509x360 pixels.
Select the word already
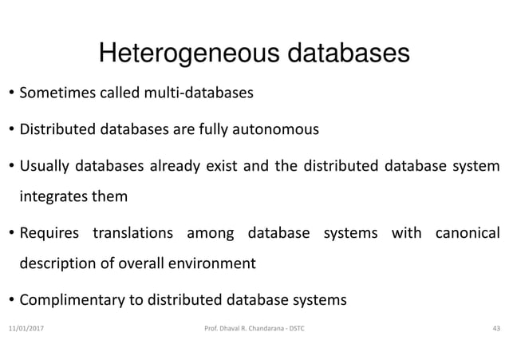(x=186, y=166)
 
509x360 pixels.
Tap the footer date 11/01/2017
(x=28, y=328)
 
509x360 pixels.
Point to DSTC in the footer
(x=306, y=328)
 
